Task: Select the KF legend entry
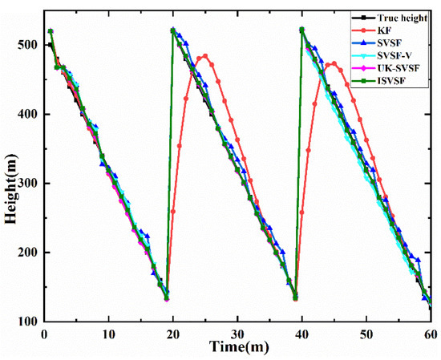(x=383, y=28)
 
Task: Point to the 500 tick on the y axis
(x=28, y=45)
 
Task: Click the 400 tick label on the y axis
(x=28, y=114)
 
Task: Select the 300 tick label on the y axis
(x=28, y=184)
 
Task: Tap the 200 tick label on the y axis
(x=28, y=253)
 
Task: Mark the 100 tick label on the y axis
(x=28, y=322)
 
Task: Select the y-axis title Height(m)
(x=10, y=184)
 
